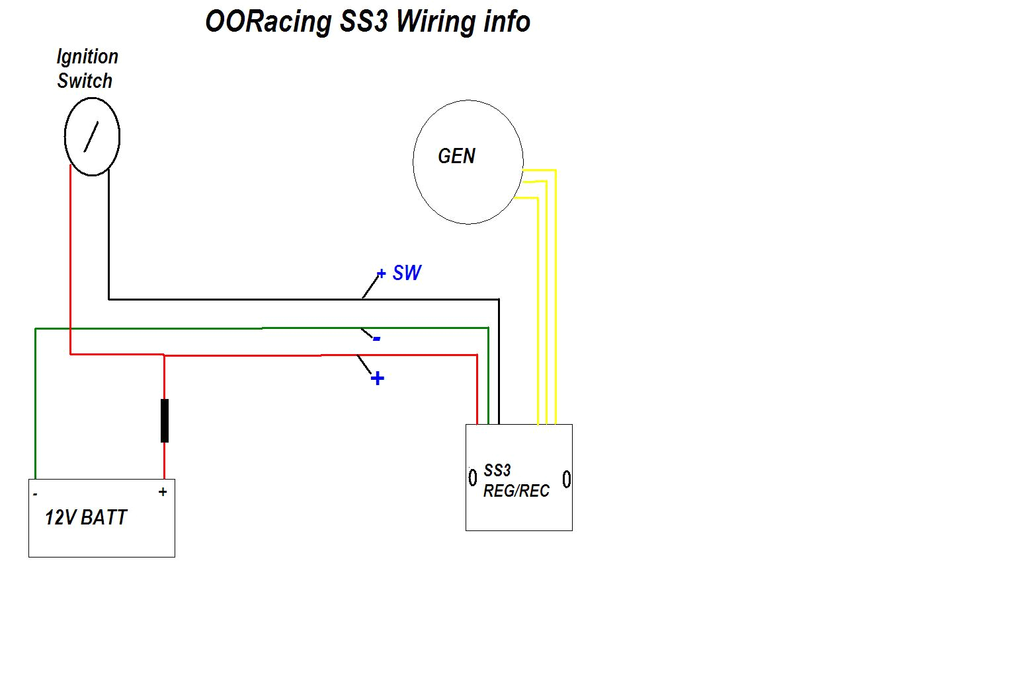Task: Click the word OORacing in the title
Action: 268,22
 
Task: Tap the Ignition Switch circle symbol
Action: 92,137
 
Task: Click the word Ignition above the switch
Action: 87,57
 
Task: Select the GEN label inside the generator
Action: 456,157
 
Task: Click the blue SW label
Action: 407,273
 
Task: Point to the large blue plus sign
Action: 377,379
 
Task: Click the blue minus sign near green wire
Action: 377,339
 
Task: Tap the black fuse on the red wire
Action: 165,420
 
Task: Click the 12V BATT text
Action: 86,517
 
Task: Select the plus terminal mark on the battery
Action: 163,492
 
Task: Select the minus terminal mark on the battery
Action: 35,494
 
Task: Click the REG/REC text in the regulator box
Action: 516,491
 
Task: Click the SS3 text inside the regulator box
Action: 497,470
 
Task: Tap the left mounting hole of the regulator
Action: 473,477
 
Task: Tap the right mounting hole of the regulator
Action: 567,479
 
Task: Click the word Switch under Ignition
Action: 85,81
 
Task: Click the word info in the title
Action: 507,22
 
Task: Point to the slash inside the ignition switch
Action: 91,137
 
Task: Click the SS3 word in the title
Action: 364,22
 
